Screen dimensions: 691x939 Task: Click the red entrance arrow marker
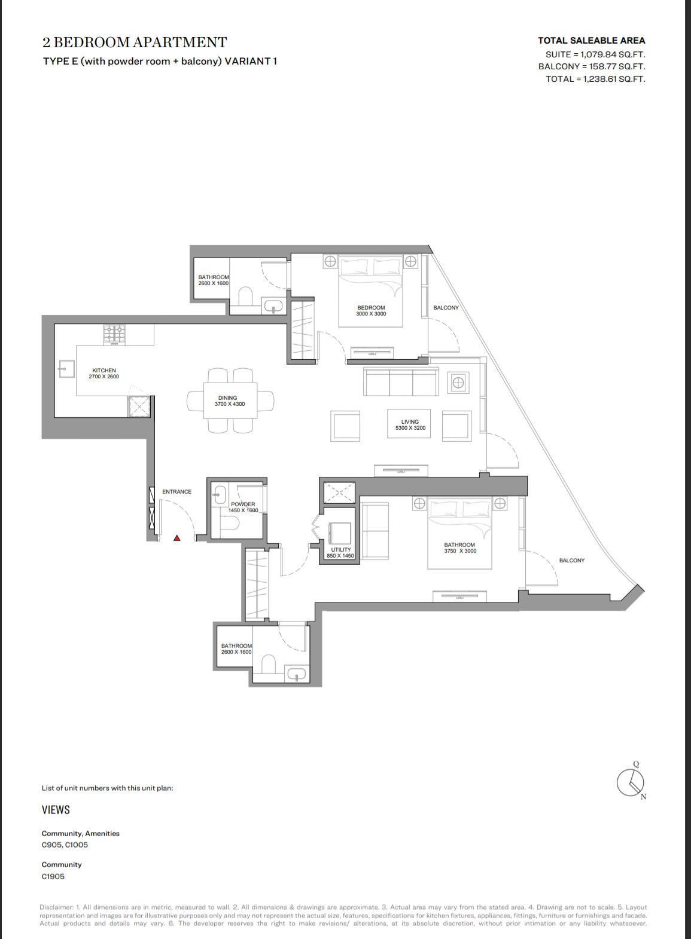pos(177,538)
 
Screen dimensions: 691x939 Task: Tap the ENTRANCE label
pos(176,491)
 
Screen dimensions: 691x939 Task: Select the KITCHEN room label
pos(104,370)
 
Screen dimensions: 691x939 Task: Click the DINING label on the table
pos(227,398)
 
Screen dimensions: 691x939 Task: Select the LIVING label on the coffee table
pos(410,422)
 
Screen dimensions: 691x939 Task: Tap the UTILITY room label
pos(340,549)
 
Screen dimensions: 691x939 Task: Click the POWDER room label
pos(243,504)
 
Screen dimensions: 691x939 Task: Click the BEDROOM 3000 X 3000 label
pos(371,311)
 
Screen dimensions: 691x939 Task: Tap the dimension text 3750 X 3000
pos(460,551)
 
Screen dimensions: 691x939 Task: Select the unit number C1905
pos(53,877)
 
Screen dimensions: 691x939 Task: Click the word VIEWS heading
pos(56,810)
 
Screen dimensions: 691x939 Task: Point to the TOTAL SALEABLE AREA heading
pos(592,41)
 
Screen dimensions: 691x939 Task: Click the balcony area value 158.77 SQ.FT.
pos(614,66)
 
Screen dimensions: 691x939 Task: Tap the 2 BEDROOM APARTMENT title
pos(135,42)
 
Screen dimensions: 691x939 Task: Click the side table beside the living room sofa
pos(458,383)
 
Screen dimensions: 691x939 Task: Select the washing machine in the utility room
pos(340,533)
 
